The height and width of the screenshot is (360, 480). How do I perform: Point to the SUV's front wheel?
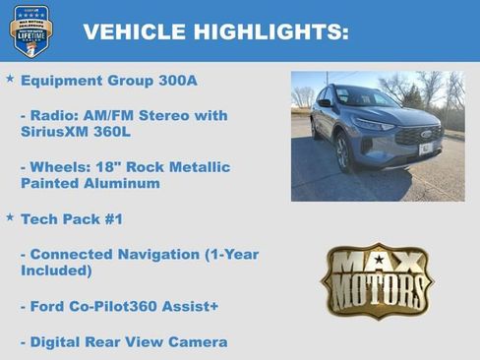coord(343,152)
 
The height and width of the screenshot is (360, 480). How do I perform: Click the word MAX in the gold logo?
coord(378,263)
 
